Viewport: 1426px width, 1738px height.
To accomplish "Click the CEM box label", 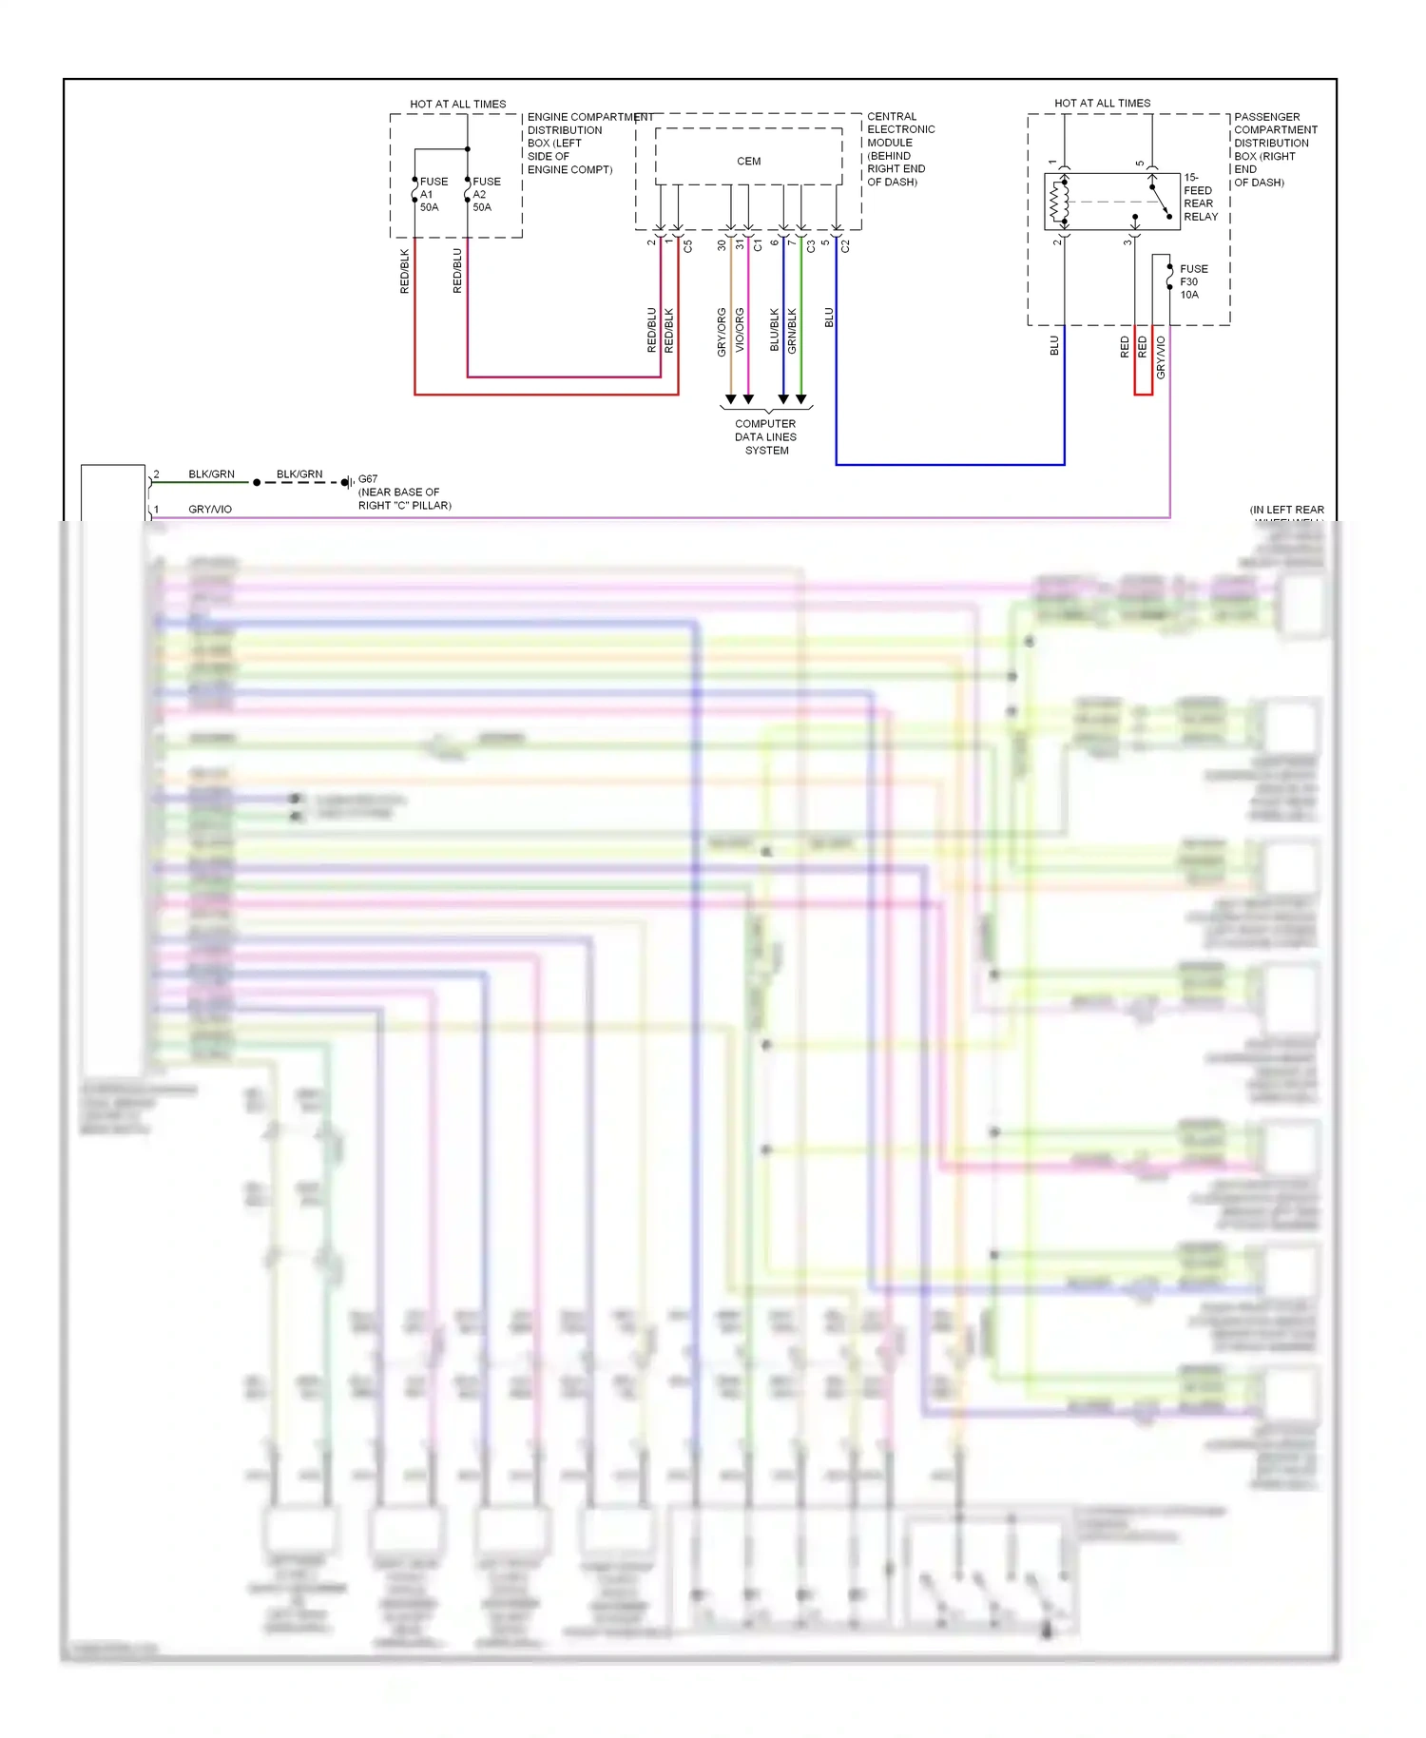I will (748, 162).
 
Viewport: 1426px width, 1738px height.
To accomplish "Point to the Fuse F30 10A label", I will (1192, 281).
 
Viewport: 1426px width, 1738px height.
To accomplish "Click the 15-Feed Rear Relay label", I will (1200, 197).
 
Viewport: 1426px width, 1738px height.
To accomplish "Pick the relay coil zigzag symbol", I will (1054, 202).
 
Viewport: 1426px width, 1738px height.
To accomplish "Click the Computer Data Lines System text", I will (765, 437).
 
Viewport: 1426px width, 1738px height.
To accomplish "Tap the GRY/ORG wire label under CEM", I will (722, 332).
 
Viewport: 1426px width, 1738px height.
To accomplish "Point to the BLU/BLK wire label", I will (775, 329).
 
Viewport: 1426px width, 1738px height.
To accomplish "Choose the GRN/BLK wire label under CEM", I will (793, 331).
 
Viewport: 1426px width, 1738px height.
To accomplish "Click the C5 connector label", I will (688, 245).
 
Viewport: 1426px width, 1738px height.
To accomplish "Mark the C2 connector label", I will (845, 245).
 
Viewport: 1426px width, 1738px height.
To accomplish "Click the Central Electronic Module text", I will (899, 149).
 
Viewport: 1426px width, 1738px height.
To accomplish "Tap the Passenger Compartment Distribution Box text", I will (1274, 149).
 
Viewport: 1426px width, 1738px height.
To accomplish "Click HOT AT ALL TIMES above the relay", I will (1102, 103).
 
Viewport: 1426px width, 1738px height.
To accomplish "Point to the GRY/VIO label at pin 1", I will (210, 510).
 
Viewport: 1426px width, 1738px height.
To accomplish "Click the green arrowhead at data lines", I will (801, 399).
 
